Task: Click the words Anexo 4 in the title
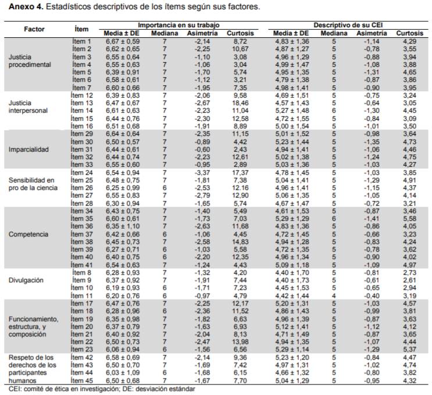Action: click(26, 7)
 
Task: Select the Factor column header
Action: click(34, 29)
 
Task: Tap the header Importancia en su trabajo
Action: click(178, 25)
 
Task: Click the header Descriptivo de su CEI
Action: click(348, 26)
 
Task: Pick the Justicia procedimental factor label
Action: click(30, 61)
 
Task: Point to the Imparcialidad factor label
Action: click(28, 149)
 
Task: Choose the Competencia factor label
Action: click(28, 234)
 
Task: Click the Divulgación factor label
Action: click(26, 280)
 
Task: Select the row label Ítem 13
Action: click(82, 103)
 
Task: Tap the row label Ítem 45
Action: click(82, 380)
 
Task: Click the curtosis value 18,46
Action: click(240, 103)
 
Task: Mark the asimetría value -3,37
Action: click(202, 173)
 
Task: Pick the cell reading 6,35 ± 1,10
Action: click(123, 227)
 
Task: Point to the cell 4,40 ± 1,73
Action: click(292, 280)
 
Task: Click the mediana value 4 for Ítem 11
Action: click(334, 296)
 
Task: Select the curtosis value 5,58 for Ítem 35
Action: click(409, 218)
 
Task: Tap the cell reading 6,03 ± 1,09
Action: click(123, 373)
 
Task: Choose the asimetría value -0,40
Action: click(372, 296)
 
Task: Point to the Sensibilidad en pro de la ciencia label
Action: click(33, 184)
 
